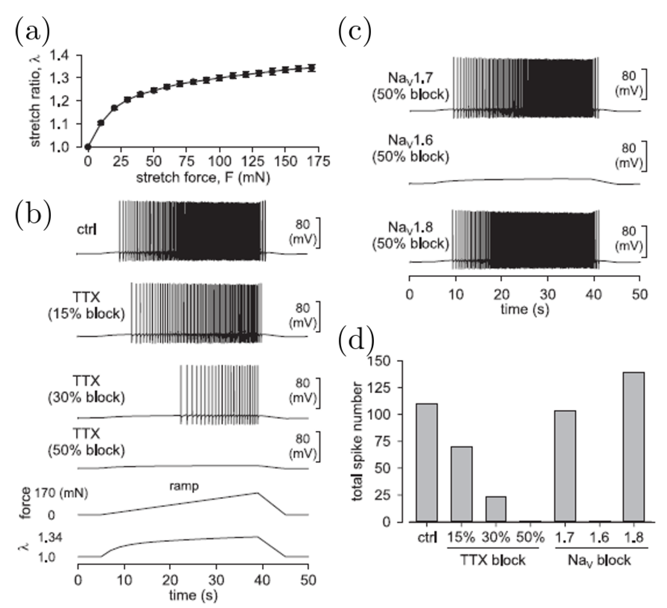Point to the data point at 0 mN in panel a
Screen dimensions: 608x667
[x=88, y=147]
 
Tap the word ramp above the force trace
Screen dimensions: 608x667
[x=184, y=486]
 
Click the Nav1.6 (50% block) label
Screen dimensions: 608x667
[x=411, y=149]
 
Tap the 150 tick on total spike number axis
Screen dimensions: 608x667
[x=382, y=361]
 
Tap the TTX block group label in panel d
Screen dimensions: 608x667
[x=493, y=560]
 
